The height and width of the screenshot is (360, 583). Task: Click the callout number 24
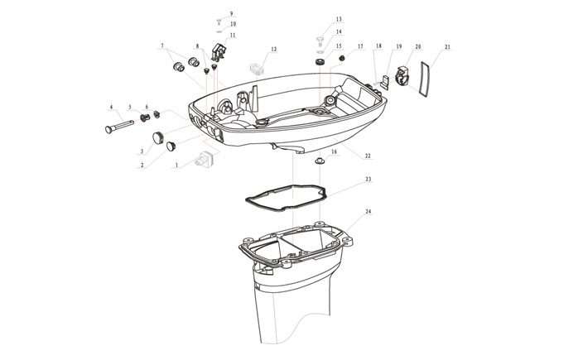click(368, 211)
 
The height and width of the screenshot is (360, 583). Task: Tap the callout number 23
click(368, 179)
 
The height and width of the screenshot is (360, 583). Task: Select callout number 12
click(274, 49)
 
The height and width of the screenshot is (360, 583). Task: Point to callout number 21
click(447, 47)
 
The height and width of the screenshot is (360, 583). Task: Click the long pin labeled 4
click(119, 126)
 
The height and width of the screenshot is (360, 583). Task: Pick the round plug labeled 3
click(158, 137)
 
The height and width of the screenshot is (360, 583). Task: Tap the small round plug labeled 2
click(171, 146)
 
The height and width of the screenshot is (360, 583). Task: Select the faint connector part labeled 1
click(204, 160)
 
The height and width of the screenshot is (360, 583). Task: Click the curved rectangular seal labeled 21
click(424, 79)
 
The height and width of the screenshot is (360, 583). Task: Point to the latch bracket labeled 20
click(401, 75)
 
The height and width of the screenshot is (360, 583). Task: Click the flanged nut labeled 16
click(320, 161)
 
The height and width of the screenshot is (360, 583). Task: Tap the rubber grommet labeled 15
click(320, 61)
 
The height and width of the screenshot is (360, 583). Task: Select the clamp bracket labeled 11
click(219, 51)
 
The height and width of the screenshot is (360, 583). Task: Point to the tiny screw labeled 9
click(219, 21)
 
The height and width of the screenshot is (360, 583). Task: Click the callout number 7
click(162, 46)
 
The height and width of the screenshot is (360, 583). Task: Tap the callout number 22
click(368, 156)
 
